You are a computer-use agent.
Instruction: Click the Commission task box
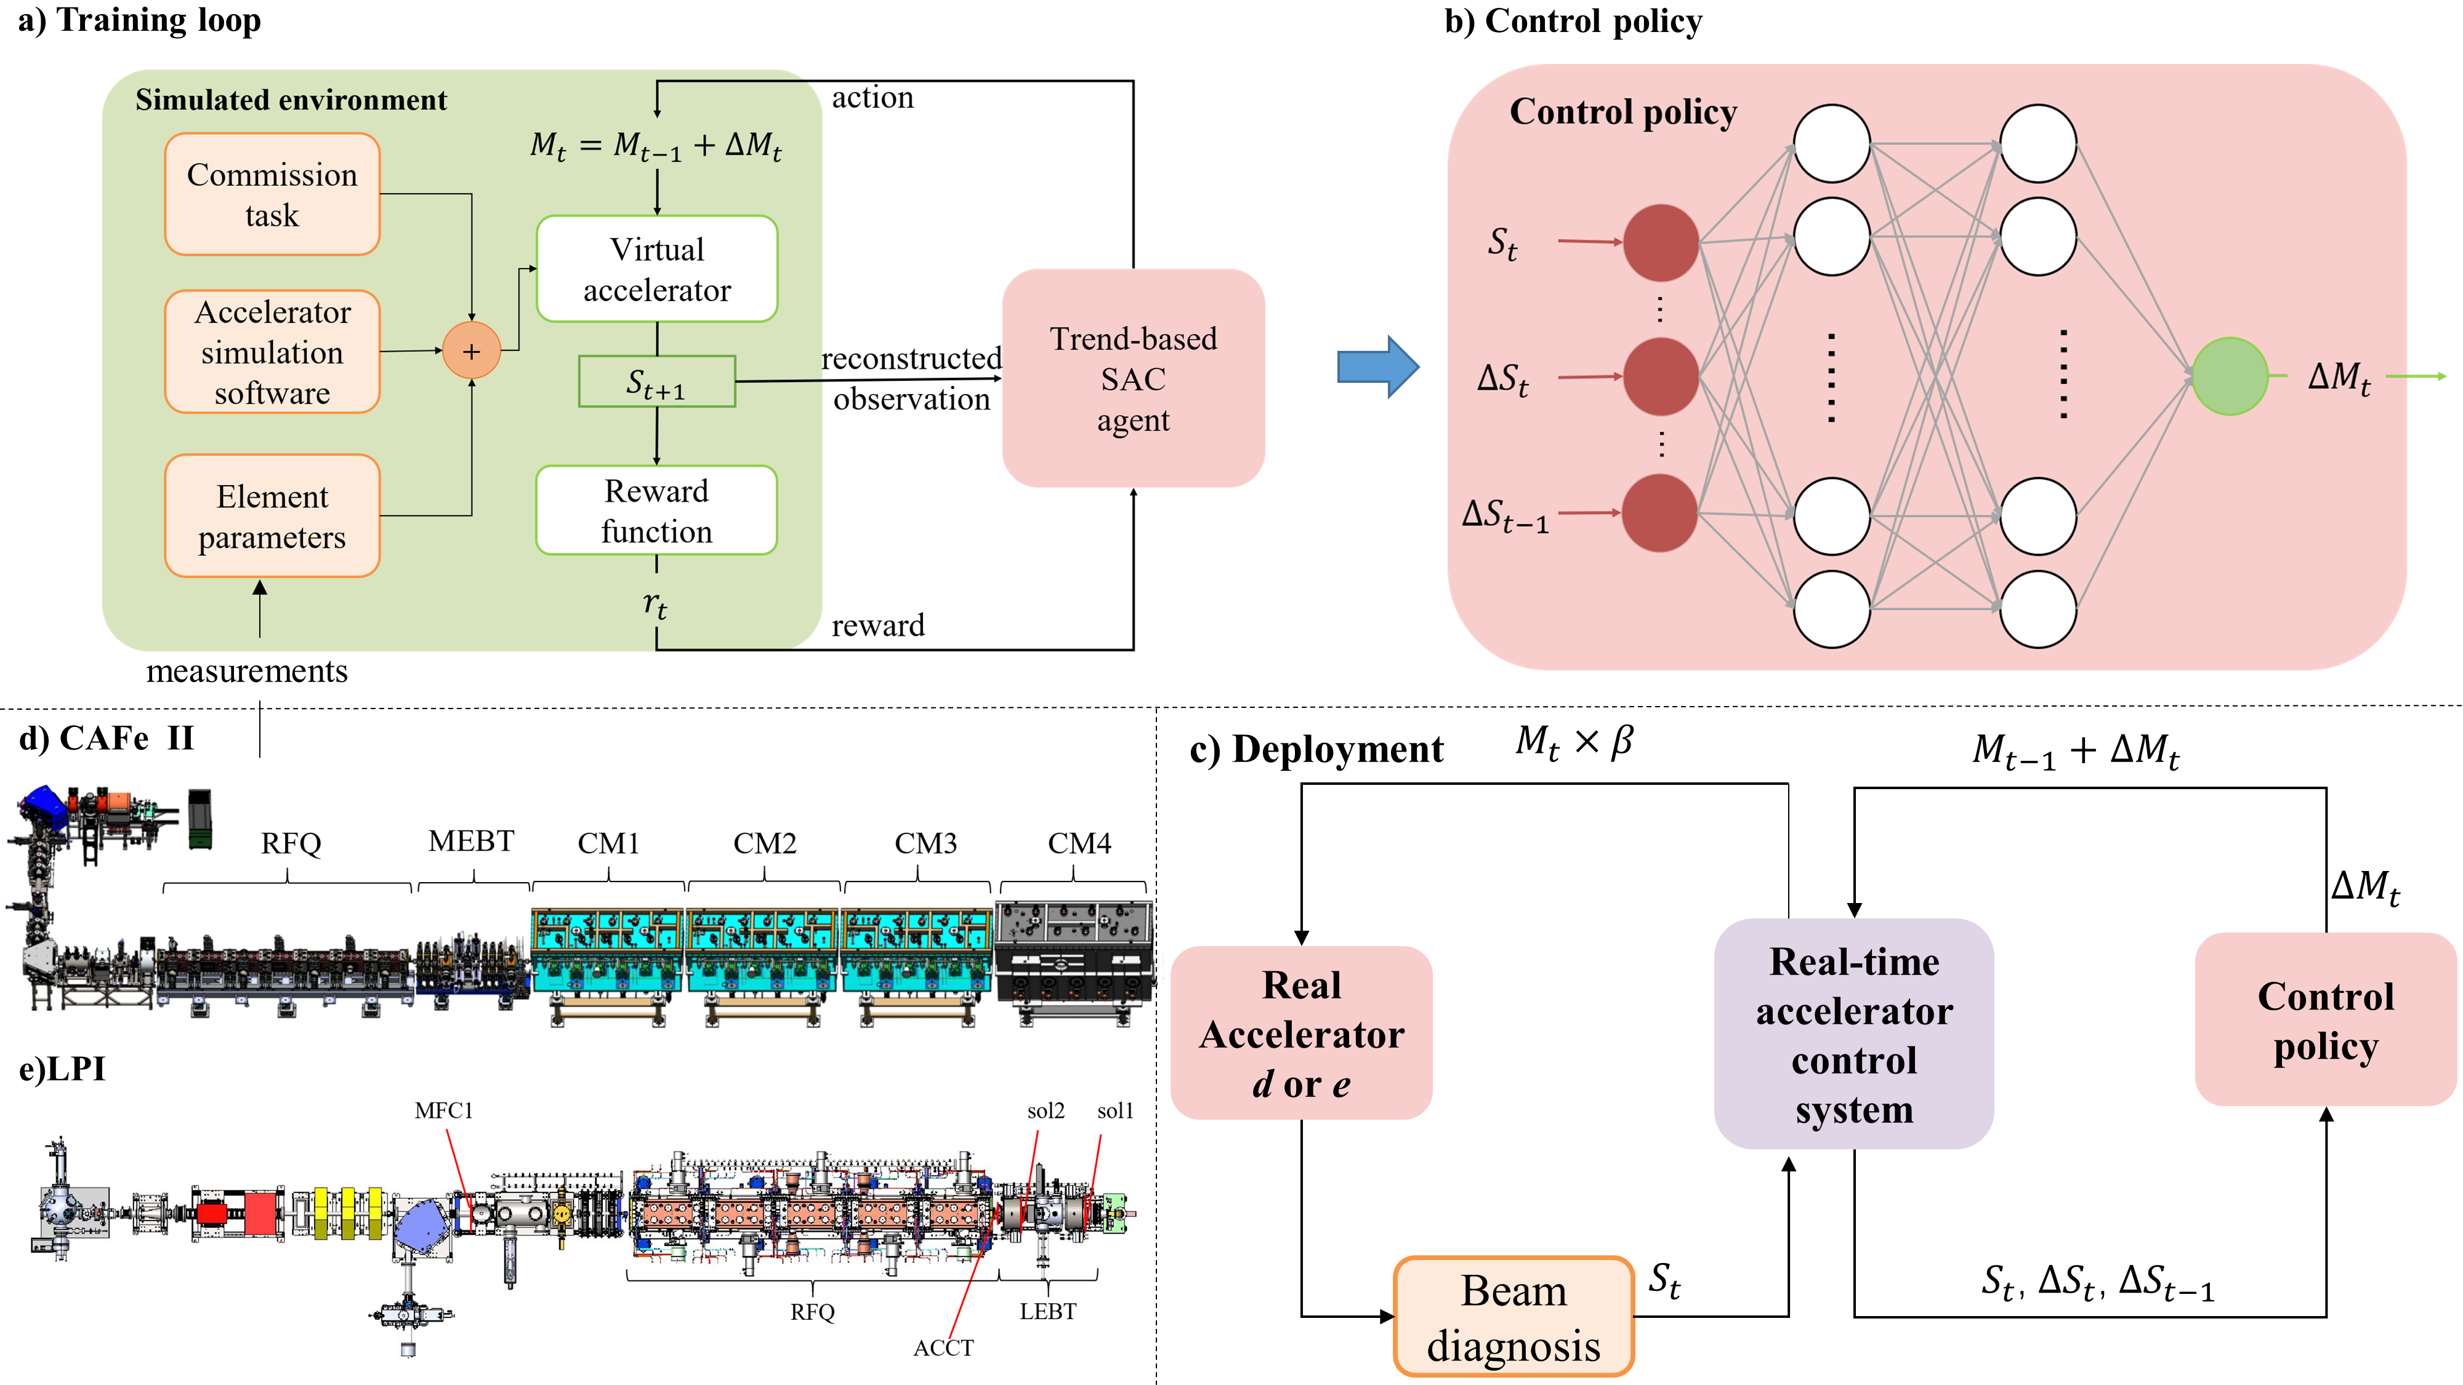pos(273,194)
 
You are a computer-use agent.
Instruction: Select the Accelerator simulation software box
pos(273,351)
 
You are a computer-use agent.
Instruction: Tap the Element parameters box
pos(273,516)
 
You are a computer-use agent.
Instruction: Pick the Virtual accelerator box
pos(657,268)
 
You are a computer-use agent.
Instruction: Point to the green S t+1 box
pos(657,382)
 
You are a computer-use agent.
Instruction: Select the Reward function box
pos(657,510)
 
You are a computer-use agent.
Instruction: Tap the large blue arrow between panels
pos(1378,366)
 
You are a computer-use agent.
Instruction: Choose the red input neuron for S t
pos(1661,243)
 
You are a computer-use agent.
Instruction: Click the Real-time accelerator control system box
pos(1854,1034)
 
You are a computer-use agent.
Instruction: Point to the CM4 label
pos(1079,843)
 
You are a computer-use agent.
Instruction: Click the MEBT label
pos(472,841)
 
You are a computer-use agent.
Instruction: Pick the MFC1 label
pos(443,1110)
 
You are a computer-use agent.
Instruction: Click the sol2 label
pos(1046,1110)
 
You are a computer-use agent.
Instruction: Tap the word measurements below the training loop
pos(247,671)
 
